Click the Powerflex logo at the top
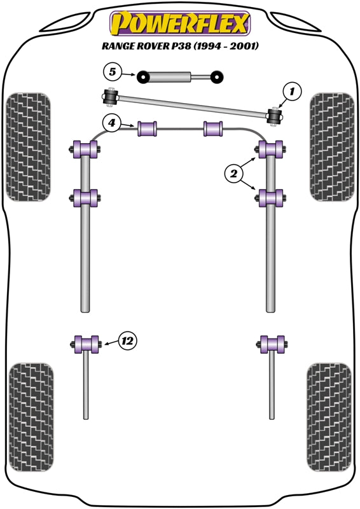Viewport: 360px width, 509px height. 180,24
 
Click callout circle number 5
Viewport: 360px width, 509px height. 112,71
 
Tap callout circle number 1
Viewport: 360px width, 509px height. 292,92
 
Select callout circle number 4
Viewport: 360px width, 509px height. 112,122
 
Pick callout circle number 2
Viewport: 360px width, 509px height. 233,172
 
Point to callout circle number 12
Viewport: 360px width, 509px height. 127,341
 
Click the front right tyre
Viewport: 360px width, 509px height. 331,146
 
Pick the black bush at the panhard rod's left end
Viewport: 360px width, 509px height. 107,97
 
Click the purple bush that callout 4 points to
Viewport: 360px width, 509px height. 148,127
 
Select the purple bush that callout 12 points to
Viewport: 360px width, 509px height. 85,344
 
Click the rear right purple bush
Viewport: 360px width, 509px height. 272,344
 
